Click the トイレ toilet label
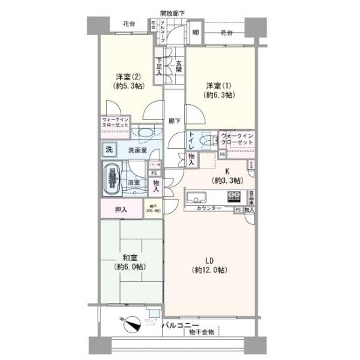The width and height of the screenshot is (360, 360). coord(191,140)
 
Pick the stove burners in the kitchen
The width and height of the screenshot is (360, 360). coord(234,195)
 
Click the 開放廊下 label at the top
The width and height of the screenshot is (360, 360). coord(172,12)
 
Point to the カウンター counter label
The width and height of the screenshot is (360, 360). coord(209,208)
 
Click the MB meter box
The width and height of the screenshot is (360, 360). coord(195,31)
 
